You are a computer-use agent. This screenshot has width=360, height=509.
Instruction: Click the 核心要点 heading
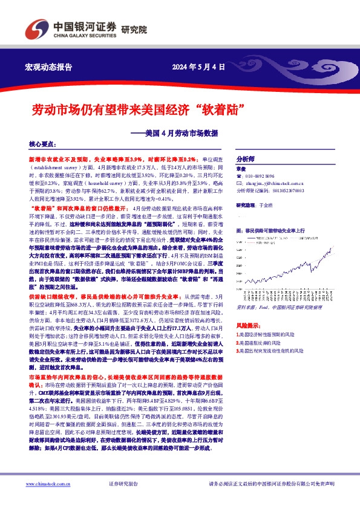[x=42, y=145]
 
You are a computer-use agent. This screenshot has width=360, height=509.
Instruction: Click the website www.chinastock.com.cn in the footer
[x=54, y=484]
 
